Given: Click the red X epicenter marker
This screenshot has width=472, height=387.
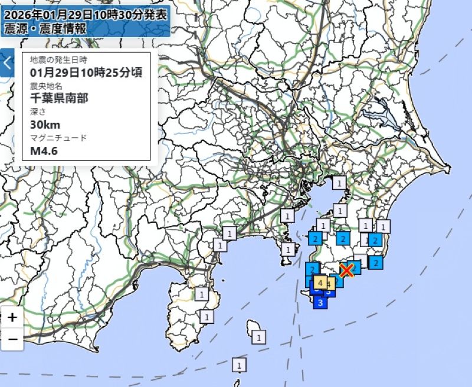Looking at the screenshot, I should click(347, 270).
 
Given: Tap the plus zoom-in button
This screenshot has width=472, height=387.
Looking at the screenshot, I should click(12, 317).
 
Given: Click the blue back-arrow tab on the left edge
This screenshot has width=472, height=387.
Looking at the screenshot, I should click(6, 62).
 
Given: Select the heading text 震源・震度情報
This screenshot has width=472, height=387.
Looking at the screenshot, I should click(45, 28).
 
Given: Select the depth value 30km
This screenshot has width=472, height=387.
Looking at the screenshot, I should click(45, 124).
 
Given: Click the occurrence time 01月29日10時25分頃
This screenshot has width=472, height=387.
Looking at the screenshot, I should click(86, 73).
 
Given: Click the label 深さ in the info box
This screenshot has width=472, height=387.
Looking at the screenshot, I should click(38, 111).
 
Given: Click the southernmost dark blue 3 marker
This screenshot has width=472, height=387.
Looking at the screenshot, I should click(320, 303).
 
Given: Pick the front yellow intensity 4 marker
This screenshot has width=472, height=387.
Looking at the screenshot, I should click(320, 283).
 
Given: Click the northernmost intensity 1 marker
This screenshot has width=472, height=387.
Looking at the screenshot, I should click(339, 183).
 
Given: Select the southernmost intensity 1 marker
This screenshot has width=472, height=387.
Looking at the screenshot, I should click(239, 366).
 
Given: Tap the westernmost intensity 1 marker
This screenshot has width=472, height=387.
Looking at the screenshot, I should click(202, 293).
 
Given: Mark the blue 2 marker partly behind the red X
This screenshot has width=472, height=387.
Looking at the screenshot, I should click(355, 267).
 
